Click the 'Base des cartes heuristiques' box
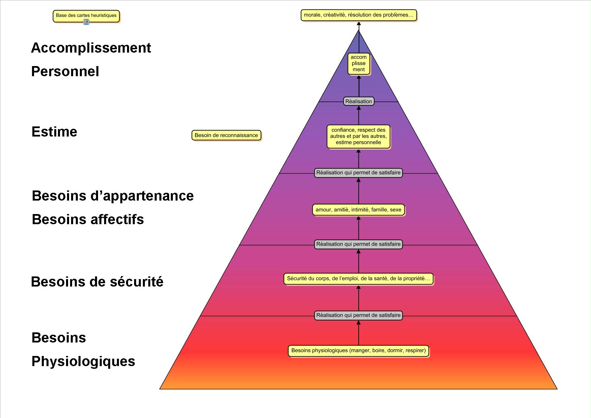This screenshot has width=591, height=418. (x=86, y=16)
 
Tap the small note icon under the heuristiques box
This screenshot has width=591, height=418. (x=86, y=22)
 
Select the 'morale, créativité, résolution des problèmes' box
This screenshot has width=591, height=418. (x=359, y=15)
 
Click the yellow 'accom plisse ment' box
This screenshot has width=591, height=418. (x=359, y=63)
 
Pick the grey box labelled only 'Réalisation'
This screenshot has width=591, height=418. (x=359, y=101)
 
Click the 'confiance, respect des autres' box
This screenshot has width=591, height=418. (x=358, y=136)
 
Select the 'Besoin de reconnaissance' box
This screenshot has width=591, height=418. (x=226, y=135)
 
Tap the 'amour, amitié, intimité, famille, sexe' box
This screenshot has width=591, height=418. (x=358, y=210)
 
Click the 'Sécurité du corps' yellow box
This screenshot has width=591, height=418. (x=358, y=278)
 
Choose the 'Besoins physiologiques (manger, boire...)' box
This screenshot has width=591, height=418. (x=358, y=350)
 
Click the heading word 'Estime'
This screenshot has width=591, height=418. (x=54, y=132)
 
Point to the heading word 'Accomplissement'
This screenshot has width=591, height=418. (x=91, y=48)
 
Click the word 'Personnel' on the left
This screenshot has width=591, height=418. (x=65, y=71)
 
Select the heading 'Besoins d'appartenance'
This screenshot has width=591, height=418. (x=113, y=196)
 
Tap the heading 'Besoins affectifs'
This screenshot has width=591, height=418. (x=88, y=219)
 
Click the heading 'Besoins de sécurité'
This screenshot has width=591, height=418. (x=97, y=282)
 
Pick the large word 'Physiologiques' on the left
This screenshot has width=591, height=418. (x=83, y=361)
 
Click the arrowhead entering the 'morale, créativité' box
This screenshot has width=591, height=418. (x=359, y=24)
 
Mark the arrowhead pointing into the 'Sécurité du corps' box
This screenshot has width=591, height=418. (x=359, y=287)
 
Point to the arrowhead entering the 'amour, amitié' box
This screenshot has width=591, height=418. (x=359, y=218)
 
